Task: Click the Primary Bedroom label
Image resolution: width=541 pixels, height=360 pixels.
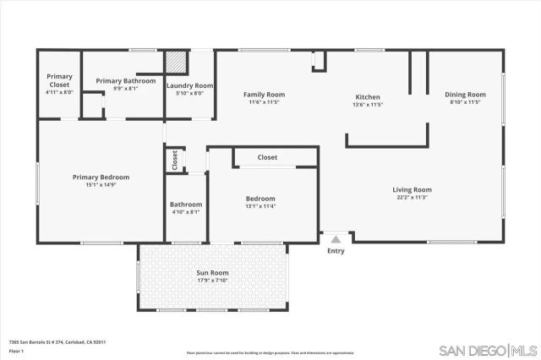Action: pos(101,177)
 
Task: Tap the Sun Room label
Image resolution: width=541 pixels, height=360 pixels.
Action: pos(213,273)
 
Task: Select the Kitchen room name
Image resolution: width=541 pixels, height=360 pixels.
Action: pos(368,96)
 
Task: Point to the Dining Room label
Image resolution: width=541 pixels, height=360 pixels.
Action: pos(465,95)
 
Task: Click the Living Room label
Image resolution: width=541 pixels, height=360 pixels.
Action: pos(412,189)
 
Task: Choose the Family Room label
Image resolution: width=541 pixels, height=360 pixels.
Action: pos(264,95)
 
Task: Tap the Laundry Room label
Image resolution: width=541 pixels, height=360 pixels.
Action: pos(189,85)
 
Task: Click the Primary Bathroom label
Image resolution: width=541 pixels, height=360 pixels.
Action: pos(125,80)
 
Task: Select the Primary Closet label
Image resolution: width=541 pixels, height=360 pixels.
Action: pos(59,80)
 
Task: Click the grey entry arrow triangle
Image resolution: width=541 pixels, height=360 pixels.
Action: pos(335,240)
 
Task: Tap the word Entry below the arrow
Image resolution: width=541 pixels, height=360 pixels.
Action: pos(336,250)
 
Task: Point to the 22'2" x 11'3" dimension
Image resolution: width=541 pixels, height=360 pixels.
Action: pos(412,198)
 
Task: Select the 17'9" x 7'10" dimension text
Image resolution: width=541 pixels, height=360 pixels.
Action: pos(213,281)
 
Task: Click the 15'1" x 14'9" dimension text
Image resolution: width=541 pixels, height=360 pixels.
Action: pos(101,185)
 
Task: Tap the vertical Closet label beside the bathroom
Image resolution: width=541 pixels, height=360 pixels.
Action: pos(174,159)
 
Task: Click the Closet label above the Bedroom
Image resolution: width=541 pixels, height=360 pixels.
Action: pos(267,157)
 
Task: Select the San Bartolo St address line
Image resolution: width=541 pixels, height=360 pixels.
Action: pos(57,341)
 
